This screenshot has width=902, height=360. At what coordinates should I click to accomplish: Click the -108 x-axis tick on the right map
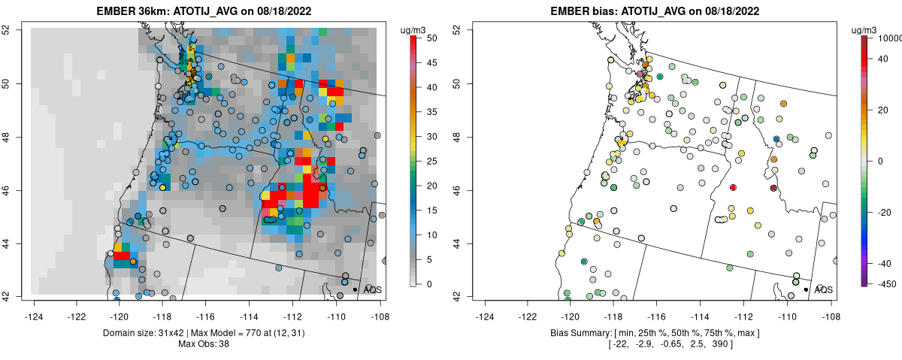click(x=830, y=308)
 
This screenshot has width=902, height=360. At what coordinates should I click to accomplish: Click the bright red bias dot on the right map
click(x=733, y=187)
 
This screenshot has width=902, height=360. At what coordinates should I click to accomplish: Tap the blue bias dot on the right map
click(x=776, y=139)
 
